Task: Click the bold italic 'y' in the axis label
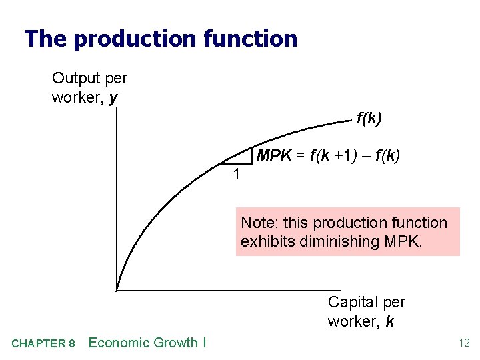point(113,98)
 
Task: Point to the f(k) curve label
point(369,119)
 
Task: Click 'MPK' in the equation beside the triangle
point(274,156)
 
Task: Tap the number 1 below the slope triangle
point(235,175)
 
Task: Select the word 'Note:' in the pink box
point(257,223)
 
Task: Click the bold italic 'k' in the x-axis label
point(389,321)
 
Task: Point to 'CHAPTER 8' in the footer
point(43,343)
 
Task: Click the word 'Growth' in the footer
point(175,343)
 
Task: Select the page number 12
point(463,343)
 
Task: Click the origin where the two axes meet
point(117,290)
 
